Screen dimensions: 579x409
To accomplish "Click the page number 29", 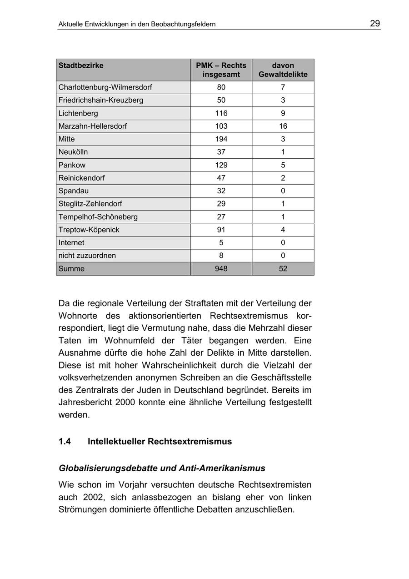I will [375, 24].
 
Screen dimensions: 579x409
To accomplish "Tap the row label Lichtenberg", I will [78, 113].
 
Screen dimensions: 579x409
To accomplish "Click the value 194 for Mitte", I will [221, 139].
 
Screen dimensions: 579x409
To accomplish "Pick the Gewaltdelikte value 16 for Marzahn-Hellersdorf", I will [283, 126].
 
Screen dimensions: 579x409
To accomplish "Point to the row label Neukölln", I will [73, 152].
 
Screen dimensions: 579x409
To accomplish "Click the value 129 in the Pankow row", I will [221, 165].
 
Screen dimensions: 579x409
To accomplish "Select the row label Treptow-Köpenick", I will [89, 230].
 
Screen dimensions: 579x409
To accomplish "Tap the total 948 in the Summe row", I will [221, 269].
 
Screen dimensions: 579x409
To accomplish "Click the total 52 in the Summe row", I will [283, 269].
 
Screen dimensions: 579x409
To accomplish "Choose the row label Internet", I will [71, 243].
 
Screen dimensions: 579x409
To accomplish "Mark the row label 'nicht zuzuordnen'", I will [87, 256].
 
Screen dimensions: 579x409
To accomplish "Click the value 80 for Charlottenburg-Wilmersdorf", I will [221, 87].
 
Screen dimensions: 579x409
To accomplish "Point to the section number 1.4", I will [65, 442].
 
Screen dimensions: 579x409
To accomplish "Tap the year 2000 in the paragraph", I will [125, 403].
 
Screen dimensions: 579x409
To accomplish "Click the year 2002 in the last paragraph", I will [94, 497].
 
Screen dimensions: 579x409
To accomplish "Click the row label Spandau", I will [74, 191].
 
